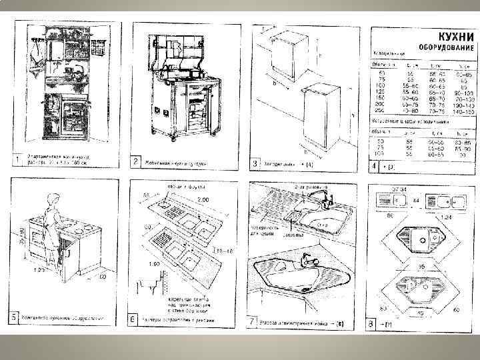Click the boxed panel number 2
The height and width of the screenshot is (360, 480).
[x=135, y=162]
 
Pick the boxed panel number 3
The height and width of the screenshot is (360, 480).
[x=254, y=163]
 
